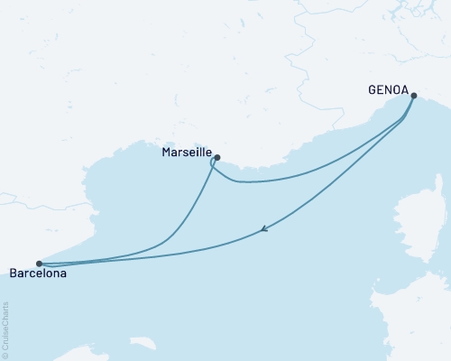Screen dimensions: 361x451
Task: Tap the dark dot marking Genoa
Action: pos(413,95)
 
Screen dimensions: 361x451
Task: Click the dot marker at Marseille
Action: pos(217,156)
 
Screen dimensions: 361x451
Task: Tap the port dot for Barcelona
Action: pos(39,264)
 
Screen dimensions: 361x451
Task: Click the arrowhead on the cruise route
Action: pos(262,229)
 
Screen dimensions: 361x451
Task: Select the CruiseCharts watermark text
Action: pos(6,325)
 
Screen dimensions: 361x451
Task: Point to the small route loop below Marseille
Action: pos(213,165)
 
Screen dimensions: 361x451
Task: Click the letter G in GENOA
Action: pos(372,89)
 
